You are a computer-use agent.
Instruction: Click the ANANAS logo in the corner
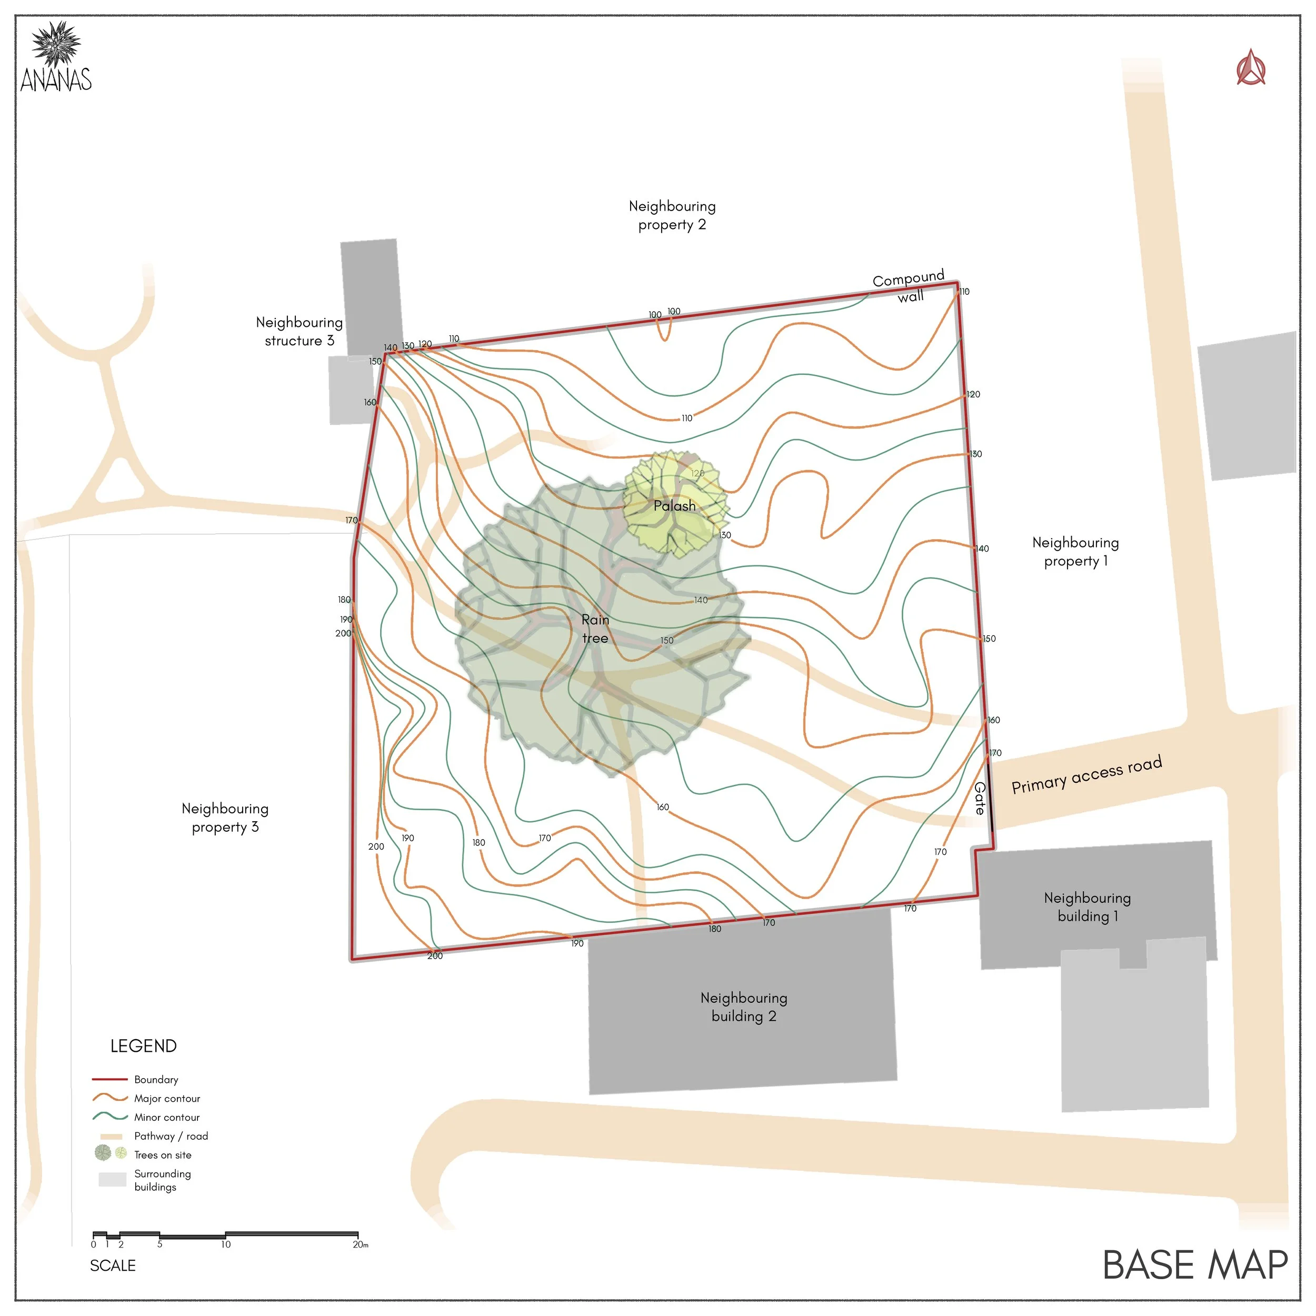pos(56,57)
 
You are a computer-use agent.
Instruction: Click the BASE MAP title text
pos(1195,1265)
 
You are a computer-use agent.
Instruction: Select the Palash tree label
pos(674,505)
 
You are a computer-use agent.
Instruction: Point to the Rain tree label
pos(595,629)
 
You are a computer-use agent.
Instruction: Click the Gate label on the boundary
pos(980,799)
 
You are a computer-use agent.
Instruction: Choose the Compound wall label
pos(909,286)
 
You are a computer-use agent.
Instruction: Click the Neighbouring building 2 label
pos(744,1007)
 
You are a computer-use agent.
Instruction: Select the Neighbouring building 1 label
pos(1087,906)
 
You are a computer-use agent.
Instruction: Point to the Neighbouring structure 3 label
pos(299,331)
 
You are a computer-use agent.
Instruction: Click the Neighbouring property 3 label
pos(225,817)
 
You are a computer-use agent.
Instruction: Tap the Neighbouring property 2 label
pos(672,215)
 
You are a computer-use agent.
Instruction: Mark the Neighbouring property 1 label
pos(1075,552)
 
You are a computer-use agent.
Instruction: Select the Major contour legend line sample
pos(109,1098)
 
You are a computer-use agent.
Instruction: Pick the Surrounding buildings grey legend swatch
pos(113,1179)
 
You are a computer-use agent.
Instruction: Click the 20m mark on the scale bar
pos(358,1244)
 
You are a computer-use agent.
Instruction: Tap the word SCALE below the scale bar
pos(113,1265)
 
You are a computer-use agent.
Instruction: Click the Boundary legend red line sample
pos(109,1079)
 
